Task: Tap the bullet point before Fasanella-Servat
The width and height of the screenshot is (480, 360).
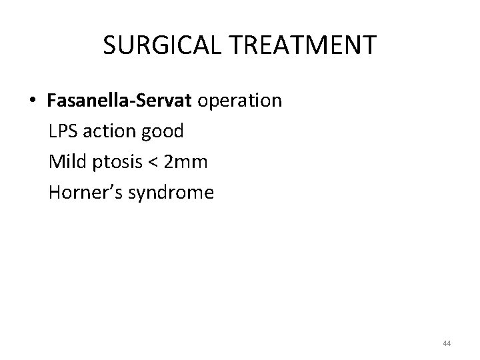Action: [32, 101]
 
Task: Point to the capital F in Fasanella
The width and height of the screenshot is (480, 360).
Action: [52, 101]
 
